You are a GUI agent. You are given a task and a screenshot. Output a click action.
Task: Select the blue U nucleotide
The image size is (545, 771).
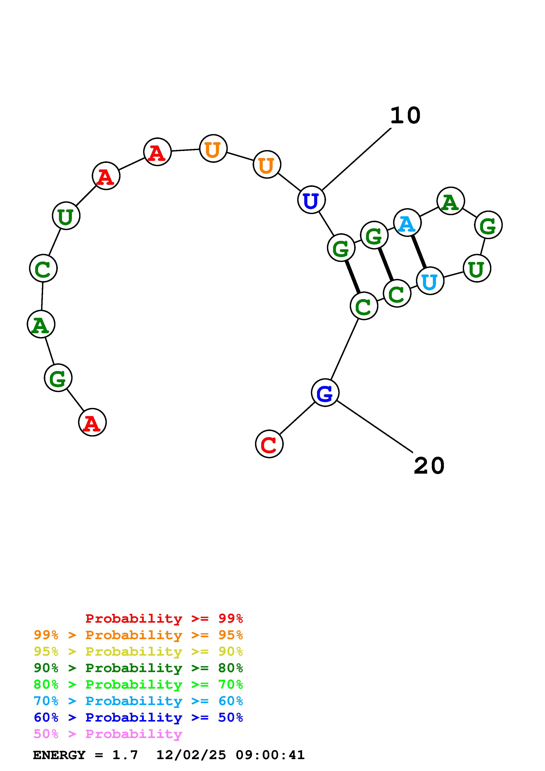click(x=311, y=200)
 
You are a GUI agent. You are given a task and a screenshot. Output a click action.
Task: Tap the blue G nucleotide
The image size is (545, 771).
click(x=325, y=393)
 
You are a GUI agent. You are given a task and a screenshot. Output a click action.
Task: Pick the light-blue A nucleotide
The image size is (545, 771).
click(x=407, y=222)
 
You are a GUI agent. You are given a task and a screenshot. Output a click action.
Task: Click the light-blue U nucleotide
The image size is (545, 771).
click(x=430, y=281)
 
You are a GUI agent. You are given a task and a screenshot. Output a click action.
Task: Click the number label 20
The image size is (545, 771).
click(x=429, y=466)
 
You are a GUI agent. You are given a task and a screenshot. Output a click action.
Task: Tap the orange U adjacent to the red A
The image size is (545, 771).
click(x=213, y=148)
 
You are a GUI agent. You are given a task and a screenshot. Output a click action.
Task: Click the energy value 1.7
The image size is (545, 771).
click(x=125, y=755)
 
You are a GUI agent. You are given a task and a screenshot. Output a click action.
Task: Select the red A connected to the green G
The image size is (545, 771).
click(x=92, y=422)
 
